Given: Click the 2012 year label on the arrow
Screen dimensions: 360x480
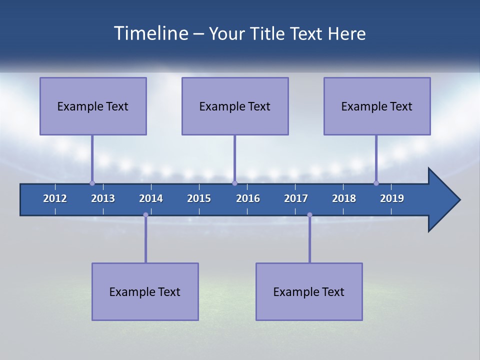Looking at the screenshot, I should tap(55, 198).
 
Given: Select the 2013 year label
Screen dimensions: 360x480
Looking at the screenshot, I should tap(103, 198).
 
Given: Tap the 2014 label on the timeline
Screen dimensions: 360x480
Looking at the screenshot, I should tap(151, 198).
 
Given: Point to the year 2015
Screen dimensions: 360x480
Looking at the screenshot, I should tap(199, 198).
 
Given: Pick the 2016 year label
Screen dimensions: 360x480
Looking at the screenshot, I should tap(248, 198).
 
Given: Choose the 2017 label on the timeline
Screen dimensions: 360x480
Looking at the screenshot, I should tap(296, 198).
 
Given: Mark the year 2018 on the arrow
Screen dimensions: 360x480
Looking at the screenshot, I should tap(344, 198).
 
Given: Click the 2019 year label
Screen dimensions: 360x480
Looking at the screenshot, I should tap(392, 198).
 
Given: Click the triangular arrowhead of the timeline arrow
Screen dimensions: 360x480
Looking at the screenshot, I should tap(442, 200).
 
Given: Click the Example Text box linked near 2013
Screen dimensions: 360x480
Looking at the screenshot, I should tap(93, 106).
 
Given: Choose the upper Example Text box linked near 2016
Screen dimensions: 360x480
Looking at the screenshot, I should tap(235, 106).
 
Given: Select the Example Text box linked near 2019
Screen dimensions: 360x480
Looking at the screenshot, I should tap(377, 106).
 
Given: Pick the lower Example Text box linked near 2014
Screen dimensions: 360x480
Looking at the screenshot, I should tap(145, 292).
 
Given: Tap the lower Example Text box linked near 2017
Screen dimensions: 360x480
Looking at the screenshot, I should tap(309, 292).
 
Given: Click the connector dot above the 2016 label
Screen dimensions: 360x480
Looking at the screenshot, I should tap(234, 183).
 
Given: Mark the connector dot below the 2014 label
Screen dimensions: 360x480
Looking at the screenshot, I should tap(145, 214).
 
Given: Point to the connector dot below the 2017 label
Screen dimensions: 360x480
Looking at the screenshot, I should tap(309, 214).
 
